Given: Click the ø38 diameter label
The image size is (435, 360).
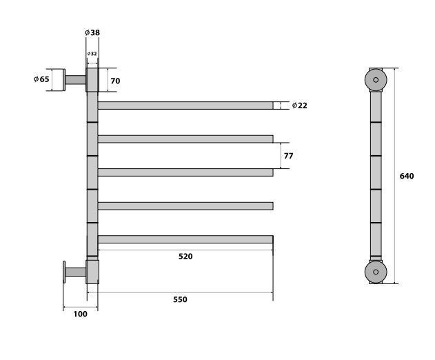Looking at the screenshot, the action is pyautogui.click(x=92, y=32).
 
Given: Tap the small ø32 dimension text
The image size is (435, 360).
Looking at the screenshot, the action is pyautogui.click(x=92, y=54).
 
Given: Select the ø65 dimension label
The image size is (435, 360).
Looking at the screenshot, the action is pyautogui.click(x=41, y=79).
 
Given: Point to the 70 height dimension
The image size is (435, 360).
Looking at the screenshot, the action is pyautogui.click(x=115, y=81).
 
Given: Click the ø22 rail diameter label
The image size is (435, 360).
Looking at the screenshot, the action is pyautogui.click(x=300, y=106).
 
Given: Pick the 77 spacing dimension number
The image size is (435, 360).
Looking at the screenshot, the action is pyautogui.click(x=289, y=156).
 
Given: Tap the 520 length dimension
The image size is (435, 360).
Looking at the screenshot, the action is pyautogui.click(x=185, y=257).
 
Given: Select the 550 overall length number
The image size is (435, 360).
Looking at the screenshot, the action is pyautogui.click(x=181, y=300).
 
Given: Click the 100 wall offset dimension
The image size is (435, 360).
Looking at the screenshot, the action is pyautogui.click(x=80, y=314).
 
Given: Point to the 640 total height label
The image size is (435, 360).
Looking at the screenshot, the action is pyautogui.click(x=407, y=177).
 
